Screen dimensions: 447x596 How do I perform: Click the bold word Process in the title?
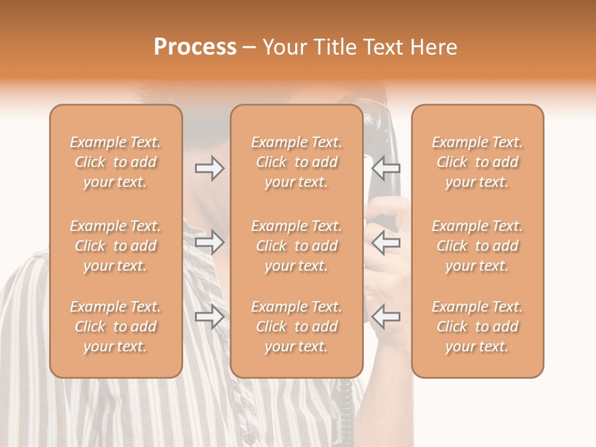(x=195, y=47)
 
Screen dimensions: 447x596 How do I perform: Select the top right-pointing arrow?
(x=209, y=168)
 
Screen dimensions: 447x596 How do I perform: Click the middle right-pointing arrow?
(x=209, y=242)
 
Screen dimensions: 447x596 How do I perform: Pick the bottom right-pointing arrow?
(x=209, y=317)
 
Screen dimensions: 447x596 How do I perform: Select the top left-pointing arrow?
(x=386, y=168)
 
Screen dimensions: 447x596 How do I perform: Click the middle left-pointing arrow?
(x=386, y=242)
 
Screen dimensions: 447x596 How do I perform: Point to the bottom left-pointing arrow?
(x=386, y=317)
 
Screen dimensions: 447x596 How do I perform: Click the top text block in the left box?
(x=115, y=162)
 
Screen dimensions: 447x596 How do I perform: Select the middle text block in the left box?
(x=115, y=246)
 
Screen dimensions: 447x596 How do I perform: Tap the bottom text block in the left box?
(x=115, y=327)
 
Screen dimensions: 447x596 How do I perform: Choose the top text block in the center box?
(x=297, y=162)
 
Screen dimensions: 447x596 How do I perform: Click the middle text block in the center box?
(x=297, y=246)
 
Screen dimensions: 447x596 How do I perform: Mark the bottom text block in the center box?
(x=297, y=327)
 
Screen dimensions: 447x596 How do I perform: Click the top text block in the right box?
(x=477, y=162)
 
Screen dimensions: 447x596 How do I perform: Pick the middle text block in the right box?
(x=477, y=246)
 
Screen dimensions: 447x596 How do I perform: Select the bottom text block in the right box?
(x=477, y=327)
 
